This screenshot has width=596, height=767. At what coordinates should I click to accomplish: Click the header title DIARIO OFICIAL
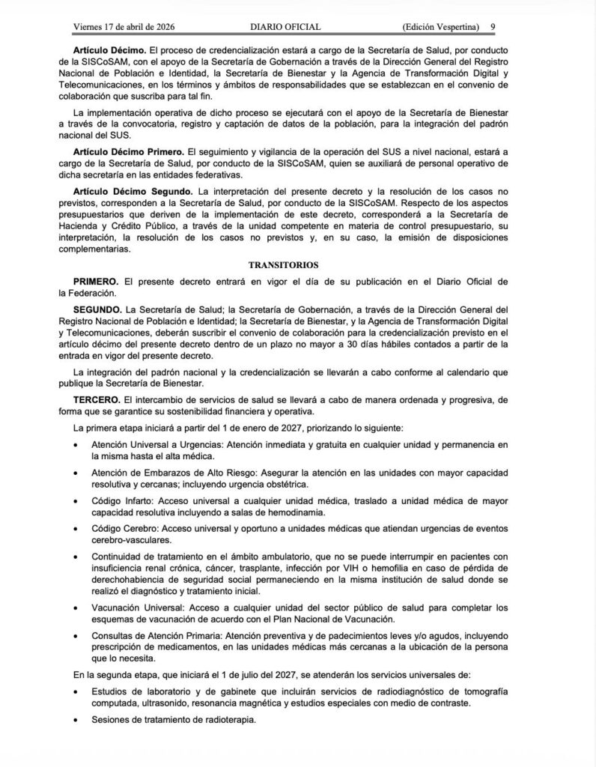pyautogui.click(x=286, y=27)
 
